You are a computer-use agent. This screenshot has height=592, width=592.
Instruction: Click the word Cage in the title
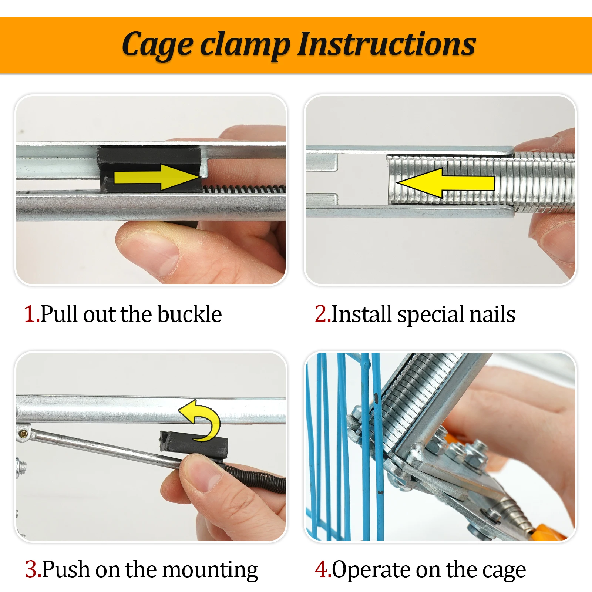(x=157, y=46)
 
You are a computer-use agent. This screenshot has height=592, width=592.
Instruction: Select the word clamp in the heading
(x=245, y=46)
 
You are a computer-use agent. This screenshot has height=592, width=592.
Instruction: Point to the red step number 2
(x=322, y=314)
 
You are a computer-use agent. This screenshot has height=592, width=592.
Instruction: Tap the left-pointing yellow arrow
(x=445, y=183)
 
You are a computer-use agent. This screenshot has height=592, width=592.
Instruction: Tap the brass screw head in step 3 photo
(x=23, y=433)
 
